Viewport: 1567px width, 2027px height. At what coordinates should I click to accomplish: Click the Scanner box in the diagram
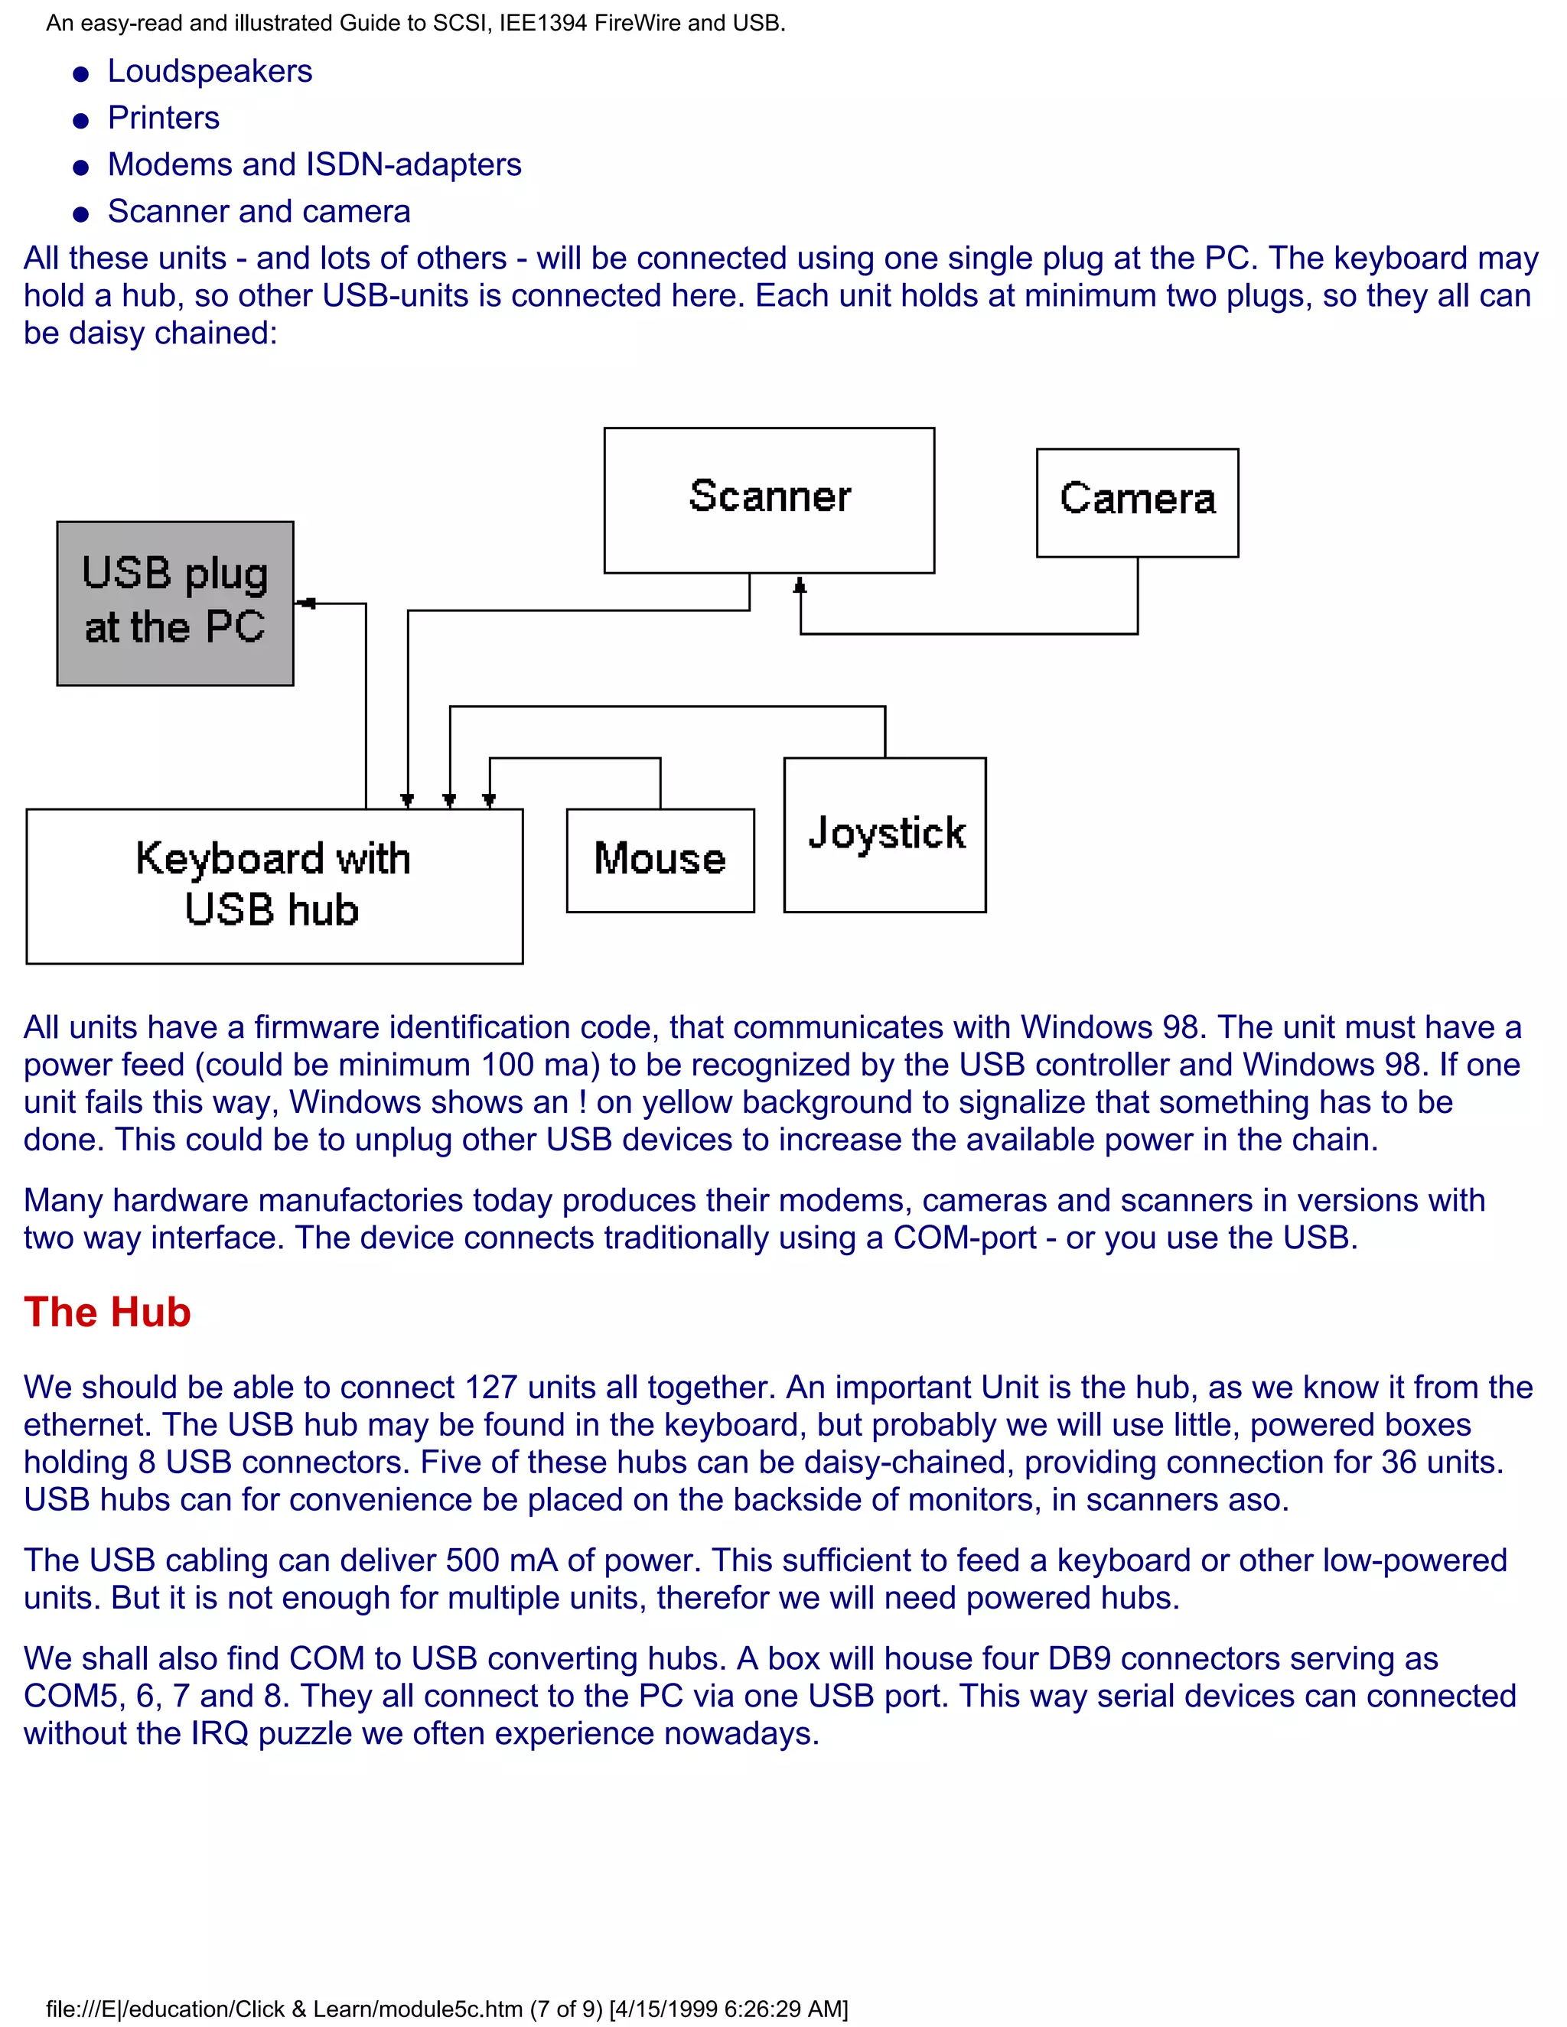(769, 499)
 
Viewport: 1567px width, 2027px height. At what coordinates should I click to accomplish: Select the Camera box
(1136, 502)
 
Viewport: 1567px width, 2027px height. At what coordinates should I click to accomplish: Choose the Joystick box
(884, 834)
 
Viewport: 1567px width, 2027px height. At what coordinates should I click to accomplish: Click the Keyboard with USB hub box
(274, 886)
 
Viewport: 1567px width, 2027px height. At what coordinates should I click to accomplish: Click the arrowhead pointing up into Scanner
(800, 586)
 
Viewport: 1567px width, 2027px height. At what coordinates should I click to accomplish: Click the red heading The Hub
(107, 1313)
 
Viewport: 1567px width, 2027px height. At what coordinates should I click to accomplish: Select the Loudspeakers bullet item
(210, 71)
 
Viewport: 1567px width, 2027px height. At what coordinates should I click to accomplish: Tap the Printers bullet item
(164, 118)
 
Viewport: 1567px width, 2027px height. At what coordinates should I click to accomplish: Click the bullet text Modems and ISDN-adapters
(314, 164)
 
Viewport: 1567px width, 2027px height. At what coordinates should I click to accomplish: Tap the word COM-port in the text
(965, 1238)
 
